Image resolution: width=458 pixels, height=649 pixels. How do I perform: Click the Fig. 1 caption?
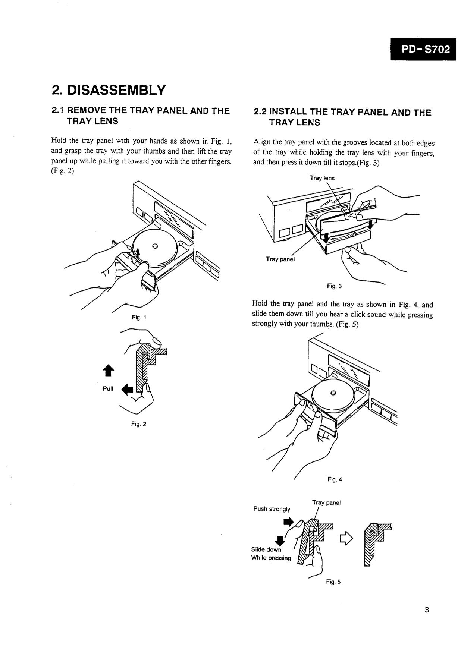pos(139,318)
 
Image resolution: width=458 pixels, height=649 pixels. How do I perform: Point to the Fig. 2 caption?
pos(139,424)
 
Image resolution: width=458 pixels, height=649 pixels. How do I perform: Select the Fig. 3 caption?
pos(334,286)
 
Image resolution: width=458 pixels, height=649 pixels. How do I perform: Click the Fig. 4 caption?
pos(335,479)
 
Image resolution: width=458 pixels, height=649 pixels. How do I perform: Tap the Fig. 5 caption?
pos(333,582)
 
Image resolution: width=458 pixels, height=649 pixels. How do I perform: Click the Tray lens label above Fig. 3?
pos(322,178)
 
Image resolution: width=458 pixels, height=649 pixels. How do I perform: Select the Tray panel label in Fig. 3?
pos(280,259)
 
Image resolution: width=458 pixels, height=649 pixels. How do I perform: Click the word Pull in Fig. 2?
pos(108,388)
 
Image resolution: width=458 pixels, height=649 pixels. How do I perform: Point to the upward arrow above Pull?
pos(108,371)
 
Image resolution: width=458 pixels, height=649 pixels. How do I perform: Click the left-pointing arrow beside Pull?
pos(127,390)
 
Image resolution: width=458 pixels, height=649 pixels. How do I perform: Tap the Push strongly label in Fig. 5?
pos(272,509)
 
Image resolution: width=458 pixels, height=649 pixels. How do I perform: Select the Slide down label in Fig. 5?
pos(266,549)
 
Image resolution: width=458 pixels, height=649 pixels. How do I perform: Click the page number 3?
pos(427,610)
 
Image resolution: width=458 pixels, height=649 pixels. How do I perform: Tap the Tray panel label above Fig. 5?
pos(326,502)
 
